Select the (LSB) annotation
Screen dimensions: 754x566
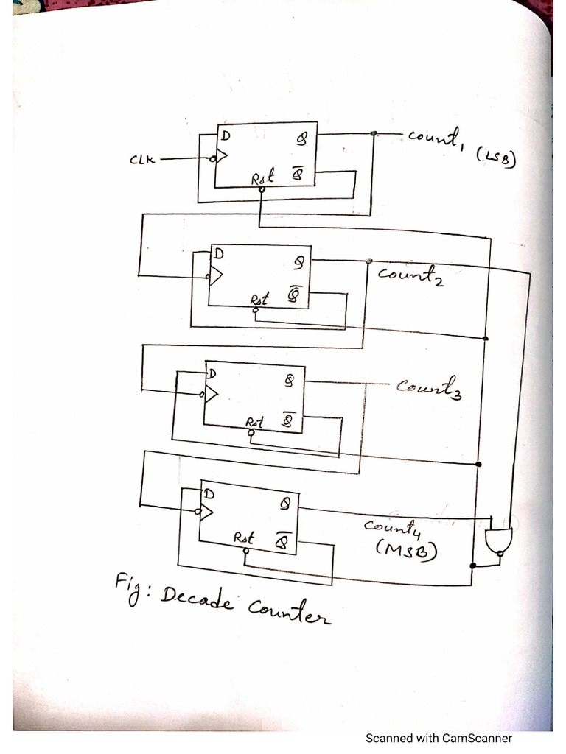tap(495, 155)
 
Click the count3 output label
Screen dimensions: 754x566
tap(428, 387)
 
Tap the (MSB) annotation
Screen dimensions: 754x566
tap(405, 549)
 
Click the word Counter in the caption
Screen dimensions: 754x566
tap(288, 610)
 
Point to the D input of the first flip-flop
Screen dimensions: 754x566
tap(223, 135)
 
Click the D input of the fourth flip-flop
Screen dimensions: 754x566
tap(209, 494)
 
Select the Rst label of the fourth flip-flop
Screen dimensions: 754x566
tap(244, 538)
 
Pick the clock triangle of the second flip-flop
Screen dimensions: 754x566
tap(216, 276)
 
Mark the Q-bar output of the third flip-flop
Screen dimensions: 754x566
tap(288, 421)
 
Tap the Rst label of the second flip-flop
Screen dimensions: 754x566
tap(259, 299)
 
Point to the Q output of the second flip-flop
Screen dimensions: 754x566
tap(298, 261)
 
